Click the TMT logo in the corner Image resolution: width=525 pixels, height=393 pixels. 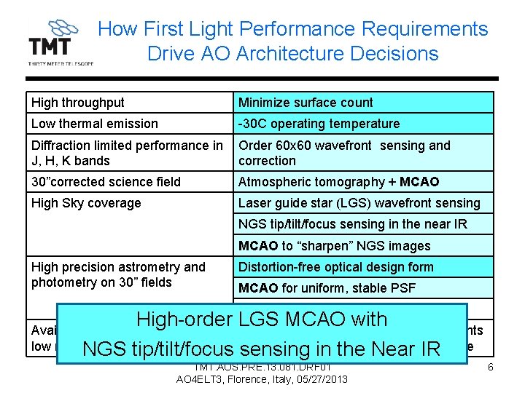point(60,43)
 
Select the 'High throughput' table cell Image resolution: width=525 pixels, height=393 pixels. point(129,103)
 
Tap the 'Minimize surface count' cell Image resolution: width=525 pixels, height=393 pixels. point(362,103)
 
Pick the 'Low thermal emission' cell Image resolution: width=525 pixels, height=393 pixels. point(129,124)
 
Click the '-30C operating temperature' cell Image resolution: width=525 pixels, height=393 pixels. point(362,124)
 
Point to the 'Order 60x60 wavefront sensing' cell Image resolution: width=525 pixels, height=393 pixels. point(362,153)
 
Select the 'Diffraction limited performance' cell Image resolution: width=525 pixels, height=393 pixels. point(129,153)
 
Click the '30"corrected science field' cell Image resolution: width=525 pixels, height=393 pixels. point(129,182)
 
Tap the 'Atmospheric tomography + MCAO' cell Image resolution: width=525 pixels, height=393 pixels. point(362,182)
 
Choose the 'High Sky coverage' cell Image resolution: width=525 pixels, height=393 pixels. point(129,203)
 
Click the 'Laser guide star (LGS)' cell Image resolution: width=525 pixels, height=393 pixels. point(362,203)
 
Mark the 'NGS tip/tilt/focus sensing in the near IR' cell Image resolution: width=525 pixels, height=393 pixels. point(362,224)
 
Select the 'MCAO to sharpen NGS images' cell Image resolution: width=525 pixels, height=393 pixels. point(362,246)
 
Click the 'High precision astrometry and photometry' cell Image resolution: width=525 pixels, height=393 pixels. point(129,274)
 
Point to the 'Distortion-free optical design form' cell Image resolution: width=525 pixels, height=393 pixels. point(362,267)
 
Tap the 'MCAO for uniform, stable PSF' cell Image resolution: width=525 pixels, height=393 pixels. point(362,288)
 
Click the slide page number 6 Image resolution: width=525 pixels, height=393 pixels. point(491,368)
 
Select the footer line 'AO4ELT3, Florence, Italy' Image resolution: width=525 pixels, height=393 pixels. point(262,379)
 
